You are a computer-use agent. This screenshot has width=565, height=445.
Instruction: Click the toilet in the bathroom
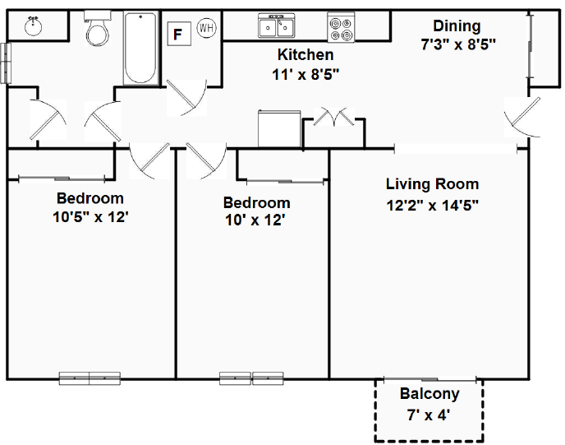point(98,32)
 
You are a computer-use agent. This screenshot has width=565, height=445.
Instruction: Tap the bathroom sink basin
point(33,26)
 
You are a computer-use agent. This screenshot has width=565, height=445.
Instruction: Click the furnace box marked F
point(177,34)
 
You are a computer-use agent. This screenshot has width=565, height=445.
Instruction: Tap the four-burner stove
point(341,28)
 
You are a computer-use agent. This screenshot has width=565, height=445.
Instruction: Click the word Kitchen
point(305,55)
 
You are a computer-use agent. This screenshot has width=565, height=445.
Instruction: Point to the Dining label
point(457,26)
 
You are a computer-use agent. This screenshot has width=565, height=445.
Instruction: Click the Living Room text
point(432,184)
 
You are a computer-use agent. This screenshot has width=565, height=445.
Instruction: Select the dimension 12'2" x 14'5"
point(432,205)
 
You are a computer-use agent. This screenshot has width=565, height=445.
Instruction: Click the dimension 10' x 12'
point(255,220)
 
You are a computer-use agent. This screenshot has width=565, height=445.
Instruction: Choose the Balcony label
point(429,394)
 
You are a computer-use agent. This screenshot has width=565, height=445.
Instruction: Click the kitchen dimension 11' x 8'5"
point(305,74)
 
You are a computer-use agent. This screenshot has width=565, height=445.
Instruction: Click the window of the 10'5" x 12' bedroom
point(90,378)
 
